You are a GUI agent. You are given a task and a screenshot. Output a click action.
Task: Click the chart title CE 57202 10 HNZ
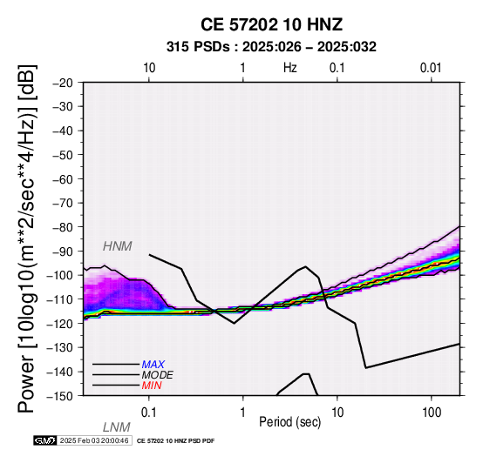(271, 24)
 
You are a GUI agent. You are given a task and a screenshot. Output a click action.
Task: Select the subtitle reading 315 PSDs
(198, 47)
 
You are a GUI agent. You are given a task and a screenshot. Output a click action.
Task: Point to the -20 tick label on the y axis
(63, 83)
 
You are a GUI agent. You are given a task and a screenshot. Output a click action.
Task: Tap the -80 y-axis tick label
(63, 227)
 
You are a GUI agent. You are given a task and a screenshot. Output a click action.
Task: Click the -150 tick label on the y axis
(60, 396)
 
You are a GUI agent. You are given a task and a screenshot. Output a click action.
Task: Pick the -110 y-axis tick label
(60, 299)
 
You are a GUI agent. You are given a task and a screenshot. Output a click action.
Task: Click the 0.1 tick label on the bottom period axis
(149, 413)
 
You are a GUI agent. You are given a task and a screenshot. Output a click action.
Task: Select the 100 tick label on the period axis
(432, 413)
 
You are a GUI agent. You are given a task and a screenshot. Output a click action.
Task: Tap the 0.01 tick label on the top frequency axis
(431, 68)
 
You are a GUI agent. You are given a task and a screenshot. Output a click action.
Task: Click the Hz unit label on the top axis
(289, 68)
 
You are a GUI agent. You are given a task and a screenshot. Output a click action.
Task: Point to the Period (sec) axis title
(289, 422)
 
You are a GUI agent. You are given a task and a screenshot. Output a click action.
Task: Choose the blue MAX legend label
(153, 365)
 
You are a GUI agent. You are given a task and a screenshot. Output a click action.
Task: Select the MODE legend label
(158, 375)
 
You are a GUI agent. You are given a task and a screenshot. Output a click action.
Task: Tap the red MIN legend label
(152, 386)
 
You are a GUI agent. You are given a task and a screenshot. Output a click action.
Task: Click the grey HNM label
(118, 246)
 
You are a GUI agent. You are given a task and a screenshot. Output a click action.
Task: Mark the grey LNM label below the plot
(117, 427)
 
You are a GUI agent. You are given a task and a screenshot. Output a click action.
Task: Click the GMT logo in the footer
(45, 441)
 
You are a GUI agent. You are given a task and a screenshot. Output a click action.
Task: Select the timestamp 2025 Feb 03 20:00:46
(94, 441)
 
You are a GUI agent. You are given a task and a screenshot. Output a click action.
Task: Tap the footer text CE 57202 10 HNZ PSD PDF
(175, 441)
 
